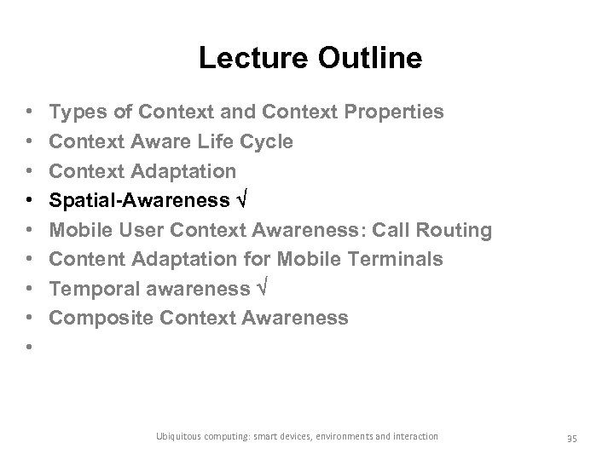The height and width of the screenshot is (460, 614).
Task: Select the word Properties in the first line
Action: click(x=391, y=112)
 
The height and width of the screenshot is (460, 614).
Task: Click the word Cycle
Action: click(x=268, y=141)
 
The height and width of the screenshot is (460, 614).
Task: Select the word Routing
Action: click(x=455, y=230)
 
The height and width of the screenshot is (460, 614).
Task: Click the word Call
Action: click(x=395, y=230)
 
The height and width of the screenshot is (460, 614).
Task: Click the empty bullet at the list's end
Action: click(x=30, y=348)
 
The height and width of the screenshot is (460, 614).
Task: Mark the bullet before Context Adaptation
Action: click(x=30, y=171)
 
